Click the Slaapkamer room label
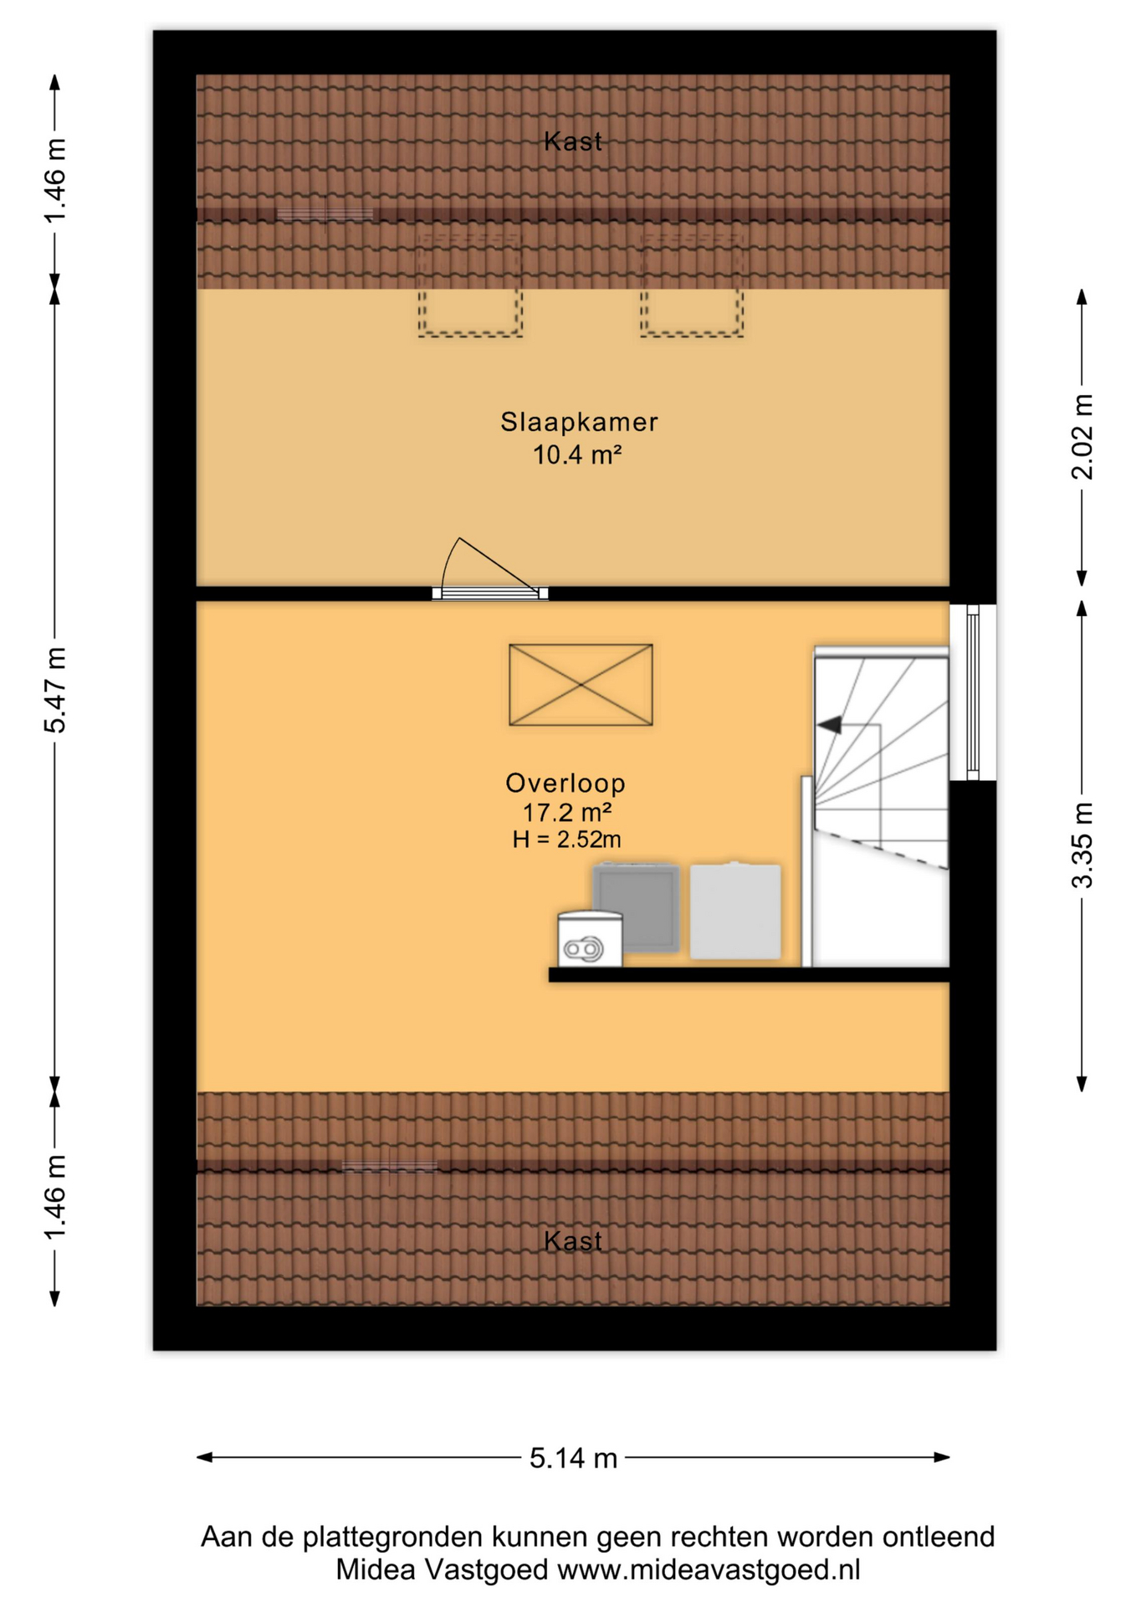[x=579, y=422]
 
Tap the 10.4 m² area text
[x=577, y=454]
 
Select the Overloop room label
[x=565, y=783]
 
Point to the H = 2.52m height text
[x=566, y=839]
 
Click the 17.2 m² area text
[x=566, y=812]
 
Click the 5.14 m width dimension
[x=573, y=1457]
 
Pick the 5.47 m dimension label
[x=54, y=690]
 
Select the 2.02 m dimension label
[x=1082, y=437]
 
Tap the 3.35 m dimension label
[x=1082, y=845]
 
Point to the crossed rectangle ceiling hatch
[x=581, y=685]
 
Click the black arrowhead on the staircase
[x=830, y=725]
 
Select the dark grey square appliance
[x=636, y=907]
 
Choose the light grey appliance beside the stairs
[x=735, y=911]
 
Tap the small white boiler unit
[x=590, y=939]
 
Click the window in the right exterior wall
[x=973, y=692]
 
